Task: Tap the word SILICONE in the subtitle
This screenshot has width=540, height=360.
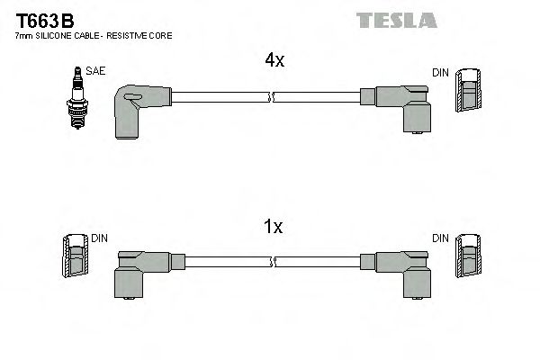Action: pyautogui.click(x=56, y=35)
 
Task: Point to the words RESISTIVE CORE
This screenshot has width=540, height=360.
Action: pyautogui.click(x=143, y=35)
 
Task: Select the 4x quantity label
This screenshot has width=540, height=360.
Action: pyautogui.click(x=274, y=61)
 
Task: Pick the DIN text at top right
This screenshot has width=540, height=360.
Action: pyautogui.click(x=440, y=72)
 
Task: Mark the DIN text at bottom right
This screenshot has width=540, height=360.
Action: pyautogui.click(x=440, y=238)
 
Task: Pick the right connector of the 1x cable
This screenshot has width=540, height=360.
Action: pyautogui.click(x=401, y=271)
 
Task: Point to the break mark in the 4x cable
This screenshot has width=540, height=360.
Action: pyautogui.click(x=274, y=94)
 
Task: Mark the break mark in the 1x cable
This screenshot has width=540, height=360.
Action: pyautogui.click(x=274, y=261)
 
